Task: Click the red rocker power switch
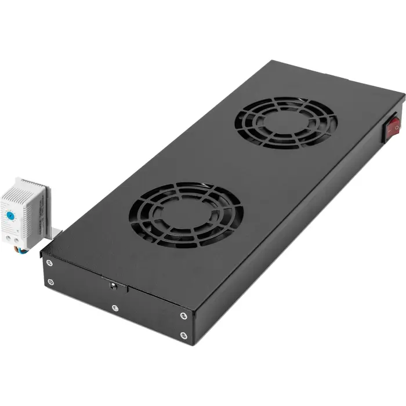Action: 393,126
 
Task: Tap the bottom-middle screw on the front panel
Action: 115,307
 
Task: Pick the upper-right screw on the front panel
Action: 183,316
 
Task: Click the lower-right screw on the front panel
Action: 183,335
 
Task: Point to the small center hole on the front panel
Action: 112,285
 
